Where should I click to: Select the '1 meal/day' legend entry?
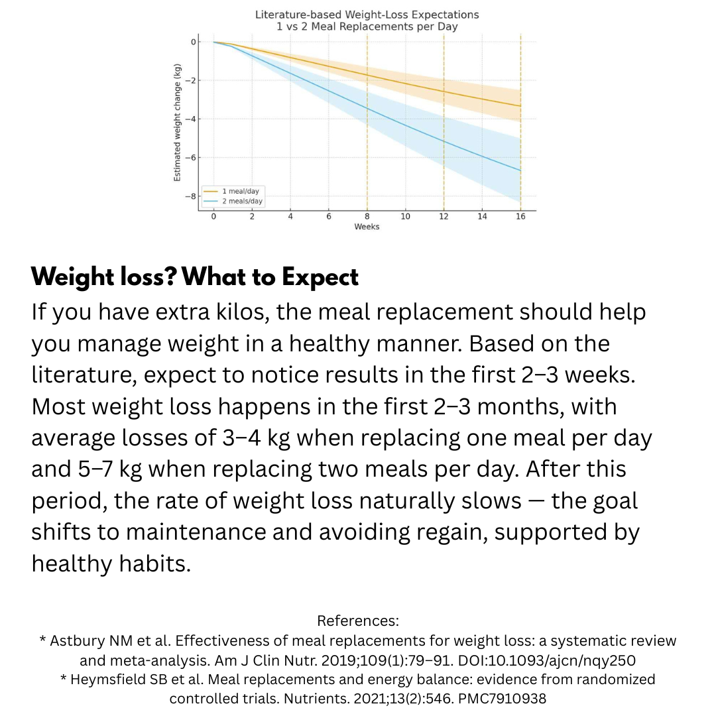click(x=240, y=191)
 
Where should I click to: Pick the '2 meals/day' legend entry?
click(x=242, y=201)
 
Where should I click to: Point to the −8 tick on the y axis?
click(x=194, y=196)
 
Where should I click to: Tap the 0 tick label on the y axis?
click(x=194, y=42)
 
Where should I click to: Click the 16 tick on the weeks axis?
click(x=520, y=216)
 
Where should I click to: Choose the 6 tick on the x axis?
click(x=328, y=216)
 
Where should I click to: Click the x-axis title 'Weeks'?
click(x=367, y=227)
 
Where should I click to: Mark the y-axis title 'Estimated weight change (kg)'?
click(x=177, y=123)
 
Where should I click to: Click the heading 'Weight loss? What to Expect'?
click(x=195, y=277)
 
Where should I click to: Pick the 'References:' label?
click(x=358, y=621)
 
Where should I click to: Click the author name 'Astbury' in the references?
click(x=76, y=641)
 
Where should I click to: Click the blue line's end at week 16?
click(x=520, y=171)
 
